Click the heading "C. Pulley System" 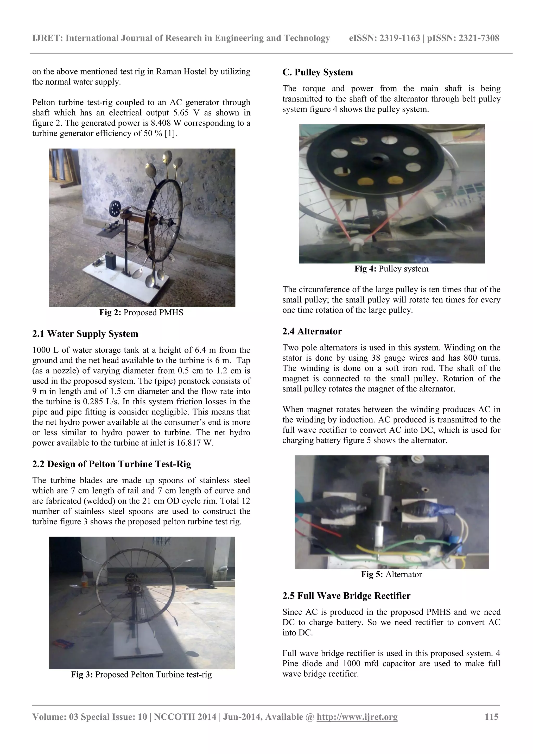tap(317, 72)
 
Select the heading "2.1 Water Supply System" tap(85, 334)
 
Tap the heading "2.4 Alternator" tap(312, 331)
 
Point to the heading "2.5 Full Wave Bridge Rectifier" tap(346, 596)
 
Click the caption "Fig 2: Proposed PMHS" tap(142, 312)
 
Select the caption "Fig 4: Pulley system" tap(391, 269)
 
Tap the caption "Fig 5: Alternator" tap(391, 574)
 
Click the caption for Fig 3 tap(142, 675)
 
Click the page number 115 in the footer tap(491, 717)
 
